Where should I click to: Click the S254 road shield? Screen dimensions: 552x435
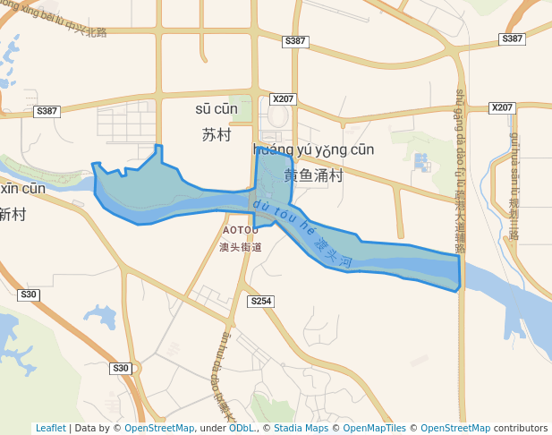pyautogui.click(x=260, y=302)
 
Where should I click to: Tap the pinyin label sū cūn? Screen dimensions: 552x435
pyautogui.click(x=217, y=109)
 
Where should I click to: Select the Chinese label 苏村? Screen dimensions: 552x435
pyautogui.click(x=217, y=135)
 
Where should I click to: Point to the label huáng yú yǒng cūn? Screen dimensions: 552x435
pyautogui.click(x=314, y=149)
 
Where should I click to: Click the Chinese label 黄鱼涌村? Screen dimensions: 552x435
pyautogui.click(x=314, y=175)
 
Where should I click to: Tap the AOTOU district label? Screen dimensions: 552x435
pyautogui.click(x=239, y=230)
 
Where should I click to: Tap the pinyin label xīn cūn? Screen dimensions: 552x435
pyautogui.click(x=21, y=188)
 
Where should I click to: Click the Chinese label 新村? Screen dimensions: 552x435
pyautogui.click(x=13, y=214)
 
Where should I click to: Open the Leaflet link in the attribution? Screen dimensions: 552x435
pyautogui.click(x=50, y=429)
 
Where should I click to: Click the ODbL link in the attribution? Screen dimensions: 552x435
pyautogui.click(x=242, y=429)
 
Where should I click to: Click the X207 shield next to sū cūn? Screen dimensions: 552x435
pyautogui.click(x=283, y=99)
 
